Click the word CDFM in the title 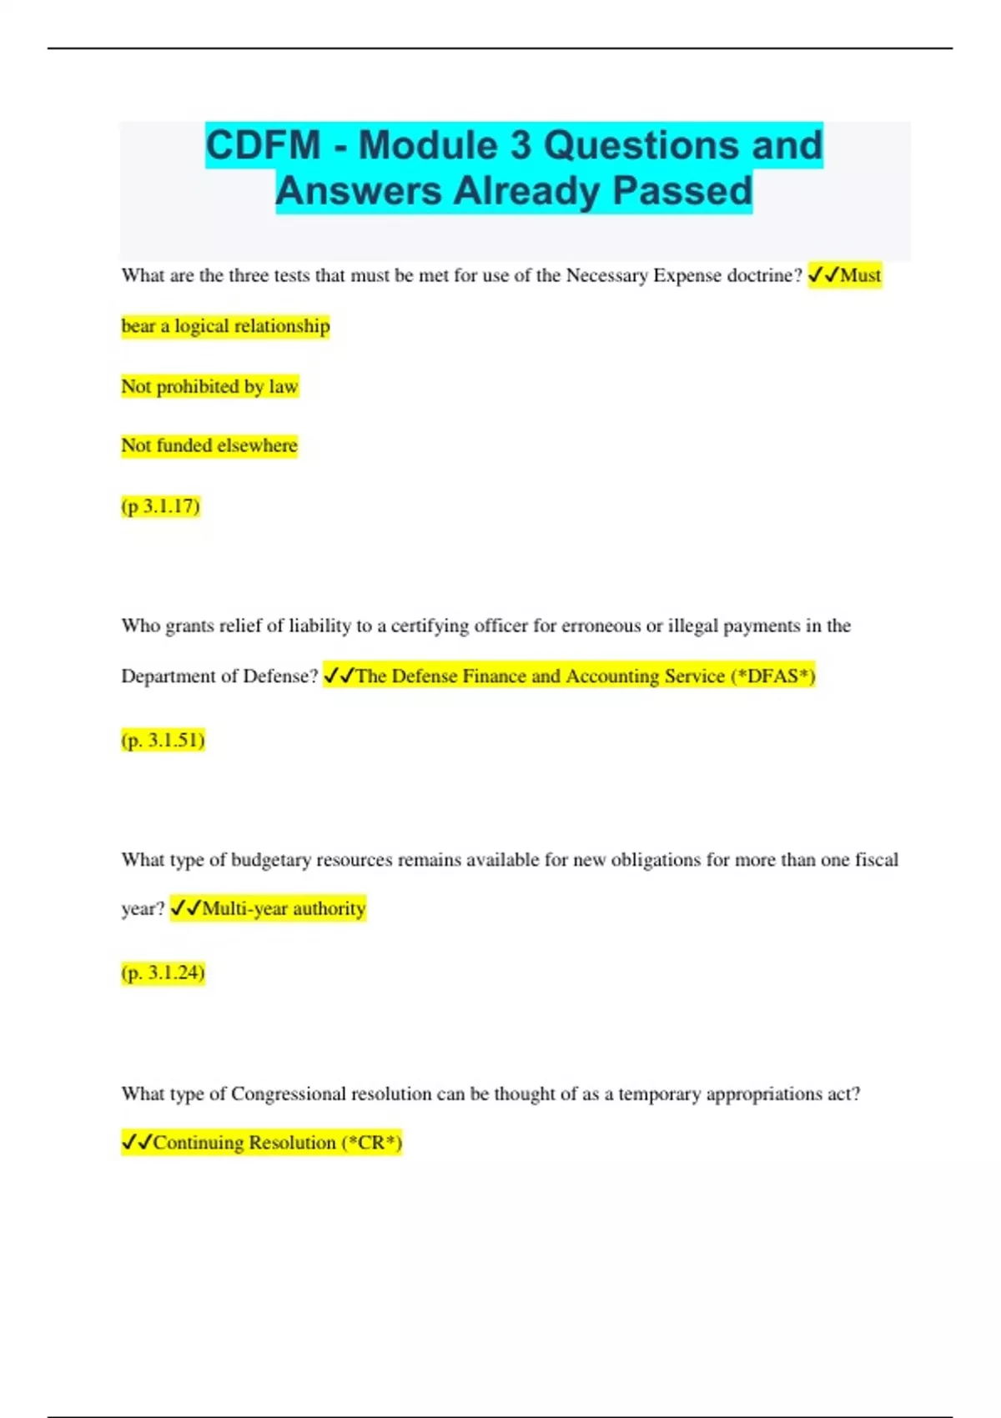click(x=263, y=145)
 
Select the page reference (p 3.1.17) click(x=161, y=506)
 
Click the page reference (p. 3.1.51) click(x=163, y=740)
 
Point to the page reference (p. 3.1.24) click(x=163, y=973)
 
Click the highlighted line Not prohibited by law click(x=209, y=386)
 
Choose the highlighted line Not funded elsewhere click(x=209, y=445)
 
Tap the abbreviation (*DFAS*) click(x=772, y=676)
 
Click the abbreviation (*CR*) click(x=372, y=1142)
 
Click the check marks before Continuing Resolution click(x=137, y=1142)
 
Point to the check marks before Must click(x=823, y=275)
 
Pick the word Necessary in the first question click(x=606, y=275)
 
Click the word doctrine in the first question click(x=764, y=275)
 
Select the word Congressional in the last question click(x=288, y=1094)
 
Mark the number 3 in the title click(x=521, y=145)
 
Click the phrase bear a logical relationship click(x=225, y=326)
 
